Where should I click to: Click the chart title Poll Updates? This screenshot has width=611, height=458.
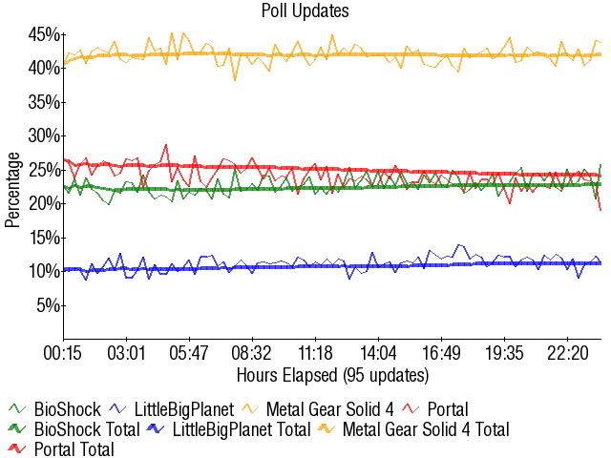[x=305, y=11]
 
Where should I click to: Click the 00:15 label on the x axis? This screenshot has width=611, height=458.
[x=63, y=353]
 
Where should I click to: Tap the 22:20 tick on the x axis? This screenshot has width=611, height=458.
[x=567, y=353]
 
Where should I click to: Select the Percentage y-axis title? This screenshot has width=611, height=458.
[x=11, y=188]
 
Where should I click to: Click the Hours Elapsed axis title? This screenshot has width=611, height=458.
[x=332, y=373]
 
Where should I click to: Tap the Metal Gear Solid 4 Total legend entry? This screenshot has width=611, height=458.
[x=425, y=429]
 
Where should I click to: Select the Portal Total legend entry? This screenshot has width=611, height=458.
[x=73, y=448]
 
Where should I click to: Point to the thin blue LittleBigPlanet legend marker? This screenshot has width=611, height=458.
[x=118, y=409]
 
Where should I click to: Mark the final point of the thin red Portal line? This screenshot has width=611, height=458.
[x=600, y=210]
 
